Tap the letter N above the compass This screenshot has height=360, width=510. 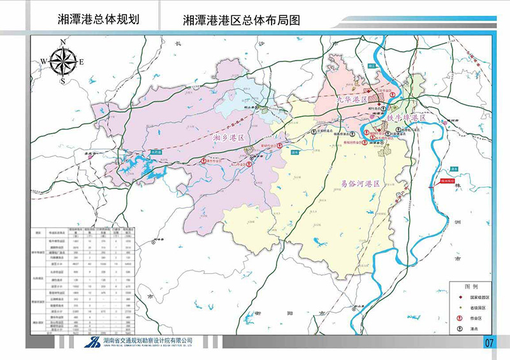(63, 41)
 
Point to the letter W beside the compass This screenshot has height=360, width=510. (43, 61)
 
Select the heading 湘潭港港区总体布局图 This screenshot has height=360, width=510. (241, 20)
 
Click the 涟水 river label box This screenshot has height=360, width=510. (294, 152)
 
